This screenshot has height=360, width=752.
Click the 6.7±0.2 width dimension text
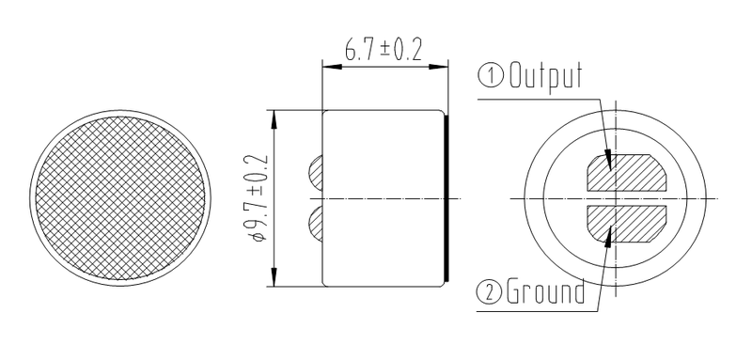(x=382, y=51)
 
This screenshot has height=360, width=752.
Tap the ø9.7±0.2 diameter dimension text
(x=257, y=198)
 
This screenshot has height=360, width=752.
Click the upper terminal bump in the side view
(x=316, y=172)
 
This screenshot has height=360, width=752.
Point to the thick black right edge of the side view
(x=446, y=198)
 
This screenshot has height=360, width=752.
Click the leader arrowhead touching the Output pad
(x=610, y=161)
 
